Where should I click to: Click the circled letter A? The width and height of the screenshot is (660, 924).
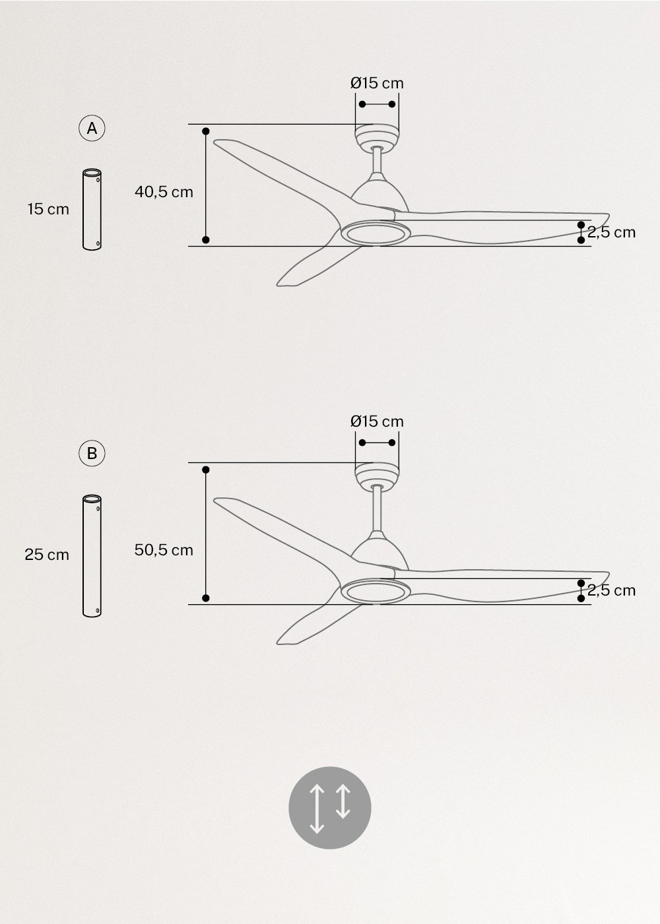point(92,129)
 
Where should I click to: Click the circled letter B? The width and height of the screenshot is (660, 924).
point(92,454)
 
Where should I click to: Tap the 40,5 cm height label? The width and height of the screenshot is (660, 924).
point(164,192)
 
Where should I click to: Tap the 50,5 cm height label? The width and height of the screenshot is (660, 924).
point(164,550)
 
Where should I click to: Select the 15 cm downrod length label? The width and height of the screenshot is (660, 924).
point(48,210)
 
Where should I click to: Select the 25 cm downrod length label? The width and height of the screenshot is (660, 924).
point(47,555)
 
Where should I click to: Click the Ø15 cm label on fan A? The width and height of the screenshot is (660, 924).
point(377,83)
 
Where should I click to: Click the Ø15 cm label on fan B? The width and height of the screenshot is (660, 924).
point(377,421)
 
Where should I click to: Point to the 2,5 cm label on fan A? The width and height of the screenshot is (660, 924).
point(612,232)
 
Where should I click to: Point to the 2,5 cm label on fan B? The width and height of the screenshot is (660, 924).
point(612,590)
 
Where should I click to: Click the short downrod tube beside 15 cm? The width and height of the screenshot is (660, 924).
point(92,210)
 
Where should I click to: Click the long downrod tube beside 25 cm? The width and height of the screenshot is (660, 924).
point(92,556)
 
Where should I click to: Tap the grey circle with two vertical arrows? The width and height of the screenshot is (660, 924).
point(330,807)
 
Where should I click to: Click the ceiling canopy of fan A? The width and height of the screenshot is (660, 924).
point(377,137)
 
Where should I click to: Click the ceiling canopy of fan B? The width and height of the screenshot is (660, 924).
point(377,476)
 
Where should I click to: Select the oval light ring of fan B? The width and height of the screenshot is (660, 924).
point(374,591)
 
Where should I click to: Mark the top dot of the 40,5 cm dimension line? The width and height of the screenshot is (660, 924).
point(206,131)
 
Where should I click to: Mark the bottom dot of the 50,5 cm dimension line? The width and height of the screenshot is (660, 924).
point(206,598)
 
